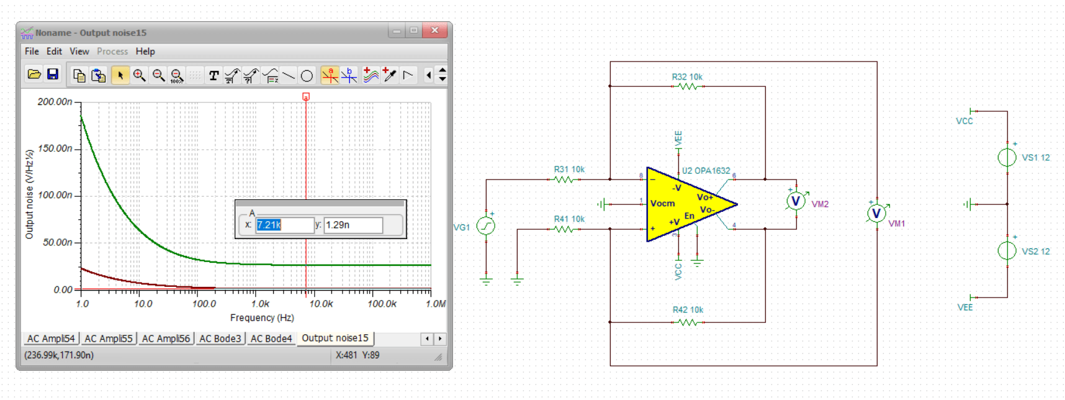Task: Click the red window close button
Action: (434, 30)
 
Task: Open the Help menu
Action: (145, 52)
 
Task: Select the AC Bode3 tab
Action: (220, 339)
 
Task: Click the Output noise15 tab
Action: (335, 338)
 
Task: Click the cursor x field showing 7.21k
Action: (284, 225)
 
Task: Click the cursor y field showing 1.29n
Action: (353, 225)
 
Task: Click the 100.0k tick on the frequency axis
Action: (382, 304)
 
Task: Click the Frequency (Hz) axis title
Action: (262, 317)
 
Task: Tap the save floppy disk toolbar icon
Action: (53, 75)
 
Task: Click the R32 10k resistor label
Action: (686, 77)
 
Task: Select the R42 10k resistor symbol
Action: (688, 322)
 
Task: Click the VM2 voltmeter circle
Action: (795, 201)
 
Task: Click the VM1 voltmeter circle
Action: (876, 214)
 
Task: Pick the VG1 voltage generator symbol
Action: (485, 226)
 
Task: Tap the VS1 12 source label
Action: (1035, 158)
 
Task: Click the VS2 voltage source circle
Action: (1007, 251)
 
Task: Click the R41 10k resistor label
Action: (568, 219)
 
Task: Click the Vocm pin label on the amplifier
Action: (662, 203)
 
